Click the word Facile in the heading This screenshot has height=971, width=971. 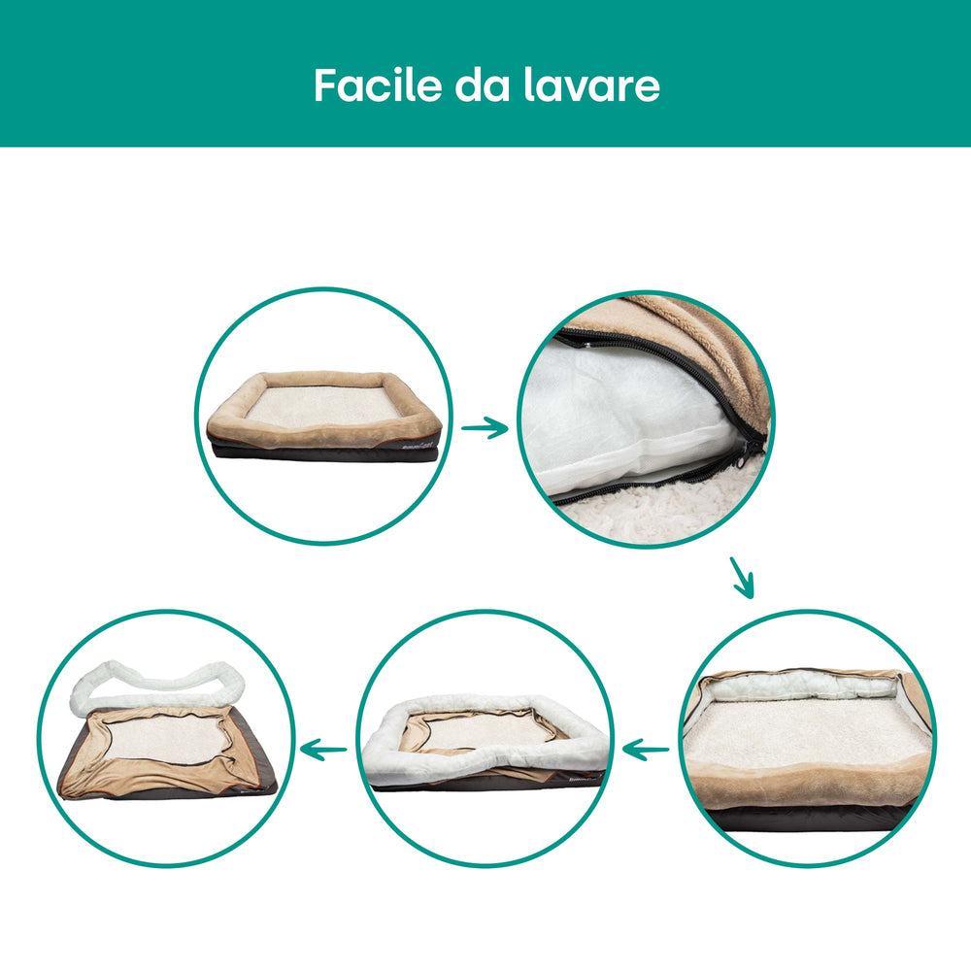[378, 84]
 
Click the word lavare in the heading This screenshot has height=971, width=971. [592, 84]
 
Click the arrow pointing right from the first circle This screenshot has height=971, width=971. [485, 427]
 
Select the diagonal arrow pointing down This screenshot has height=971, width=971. [742, 578]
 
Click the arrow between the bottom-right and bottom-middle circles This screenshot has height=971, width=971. [646, 750]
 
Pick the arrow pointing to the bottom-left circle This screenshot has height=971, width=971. [323, 750]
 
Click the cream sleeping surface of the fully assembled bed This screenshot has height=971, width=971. [322, 406]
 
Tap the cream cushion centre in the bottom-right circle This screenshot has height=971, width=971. [805, 734]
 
